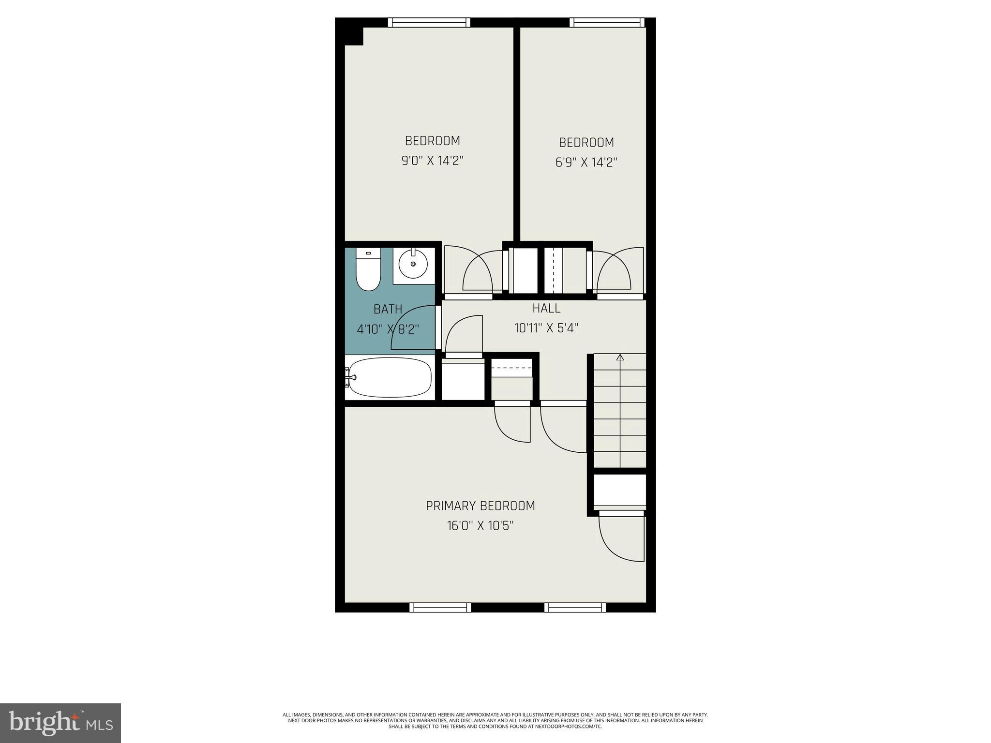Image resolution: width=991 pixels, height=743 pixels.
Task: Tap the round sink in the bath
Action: pos(413,264)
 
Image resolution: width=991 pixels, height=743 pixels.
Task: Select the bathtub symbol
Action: pos(390,377)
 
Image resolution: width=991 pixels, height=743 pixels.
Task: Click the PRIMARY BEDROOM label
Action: pos(480,506)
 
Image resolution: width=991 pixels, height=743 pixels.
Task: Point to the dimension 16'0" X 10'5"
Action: pos(480,526)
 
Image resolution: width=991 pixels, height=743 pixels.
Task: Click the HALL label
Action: pos(546,308)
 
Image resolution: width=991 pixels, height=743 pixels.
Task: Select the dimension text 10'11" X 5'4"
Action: pos(546,328)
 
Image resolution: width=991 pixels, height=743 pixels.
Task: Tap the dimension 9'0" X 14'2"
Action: pos(433,161)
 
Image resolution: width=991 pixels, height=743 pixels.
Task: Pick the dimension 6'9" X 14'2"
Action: pos(586,162)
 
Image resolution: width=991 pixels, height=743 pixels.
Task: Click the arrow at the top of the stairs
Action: pos(620,357)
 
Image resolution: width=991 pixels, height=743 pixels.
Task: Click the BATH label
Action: pos(388,309)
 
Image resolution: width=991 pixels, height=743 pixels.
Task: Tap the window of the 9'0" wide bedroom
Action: pos(429,22)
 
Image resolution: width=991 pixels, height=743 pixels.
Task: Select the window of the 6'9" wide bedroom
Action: pos(607,22)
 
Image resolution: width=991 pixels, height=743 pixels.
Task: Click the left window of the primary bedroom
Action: pos(440,608)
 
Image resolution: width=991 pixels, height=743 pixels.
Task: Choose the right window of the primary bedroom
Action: pos(575,608)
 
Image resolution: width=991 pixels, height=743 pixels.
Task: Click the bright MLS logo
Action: pos(60,723)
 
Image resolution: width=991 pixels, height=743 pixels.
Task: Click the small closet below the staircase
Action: pos(620,490)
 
